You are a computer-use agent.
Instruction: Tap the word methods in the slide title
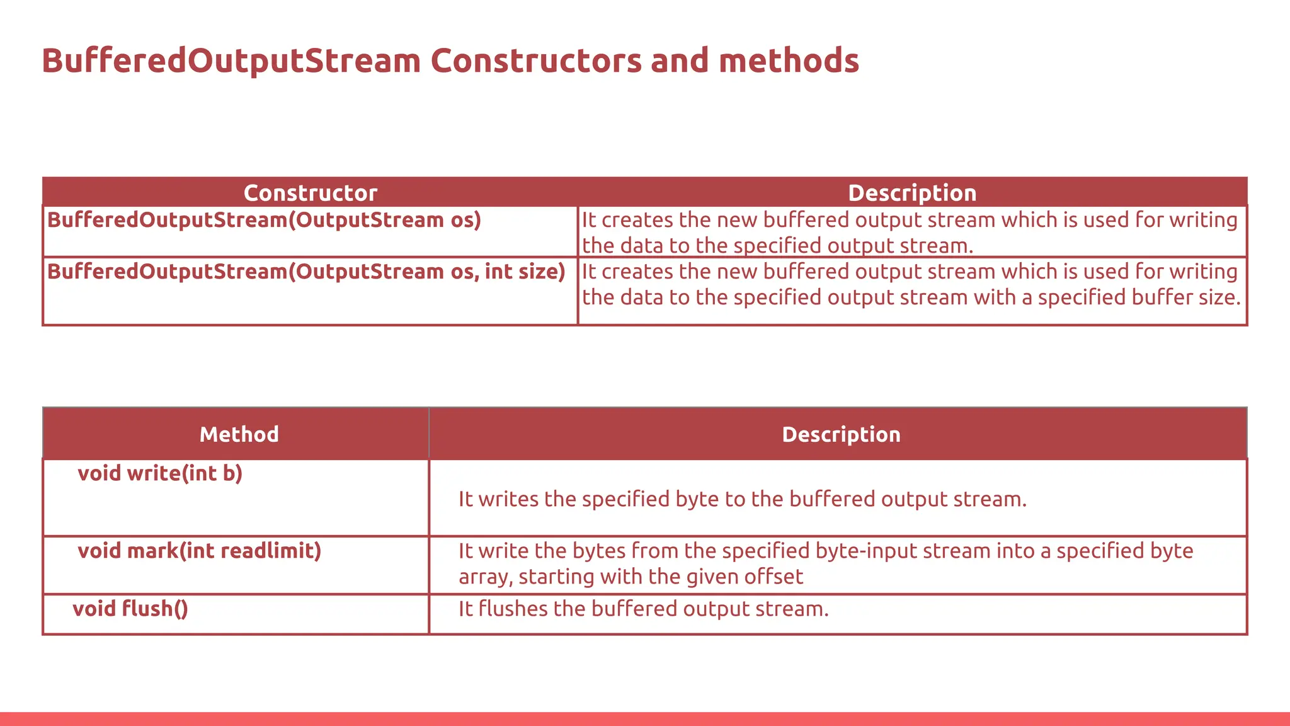click(789, 61)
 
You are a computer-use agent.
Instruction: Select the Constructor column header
click(310, 193)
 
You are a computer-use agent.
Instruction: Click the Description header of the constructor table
click(911, 193)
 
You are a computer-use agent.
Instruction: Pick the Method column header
click(239, 434)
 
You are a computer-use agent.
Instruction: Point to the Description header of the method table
click(841, 434)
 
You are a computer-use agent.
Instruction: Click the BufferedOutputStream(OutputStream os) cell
click(264, 220)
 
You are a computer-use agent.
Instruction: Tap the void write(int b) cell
click(160, 473)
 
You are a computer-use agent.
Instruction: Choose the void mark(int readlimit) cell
click(199, 551)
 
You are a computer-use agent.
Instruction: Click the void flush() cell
click(130, 609)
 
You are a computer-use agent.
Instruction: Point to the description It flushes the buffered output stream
click(643, 609)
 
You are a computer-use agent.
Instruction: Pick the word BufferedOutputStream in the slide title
click(231, 61)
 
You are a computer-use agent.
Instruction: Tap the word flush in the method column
click(147, 609)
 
